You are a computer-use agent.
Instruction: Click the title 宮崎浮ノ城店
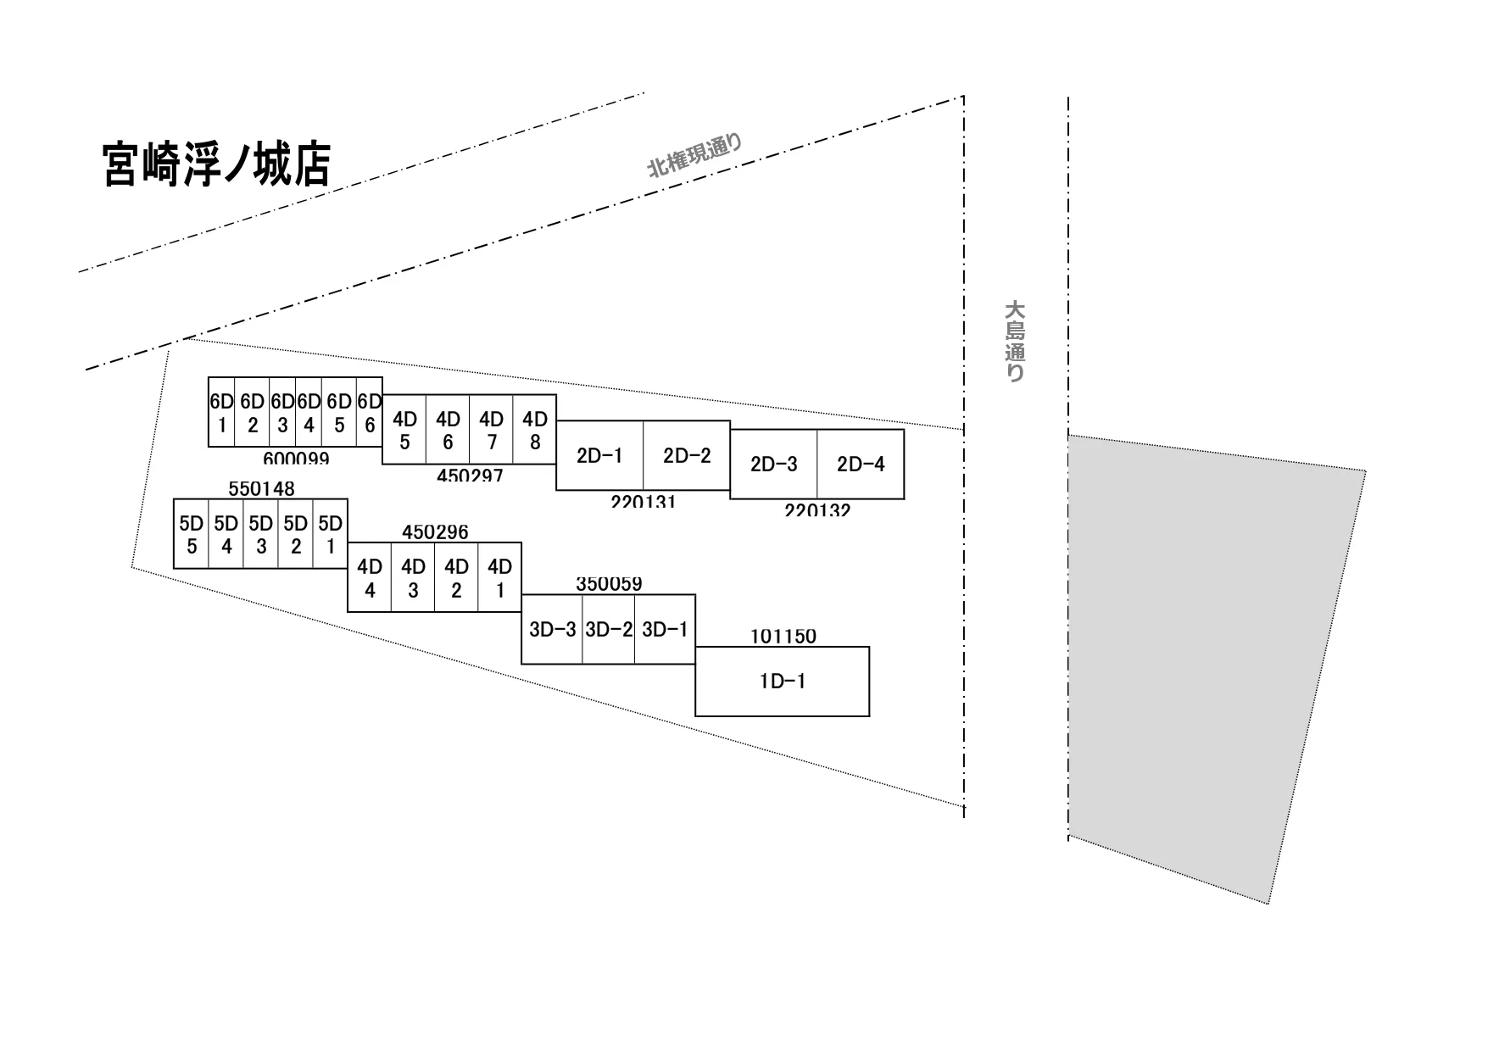216,164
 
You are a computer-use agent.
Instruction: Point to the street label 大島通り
1014,341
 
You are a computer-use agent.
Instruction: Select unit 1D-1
782,682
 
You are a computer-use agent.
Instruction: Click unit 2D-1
599,456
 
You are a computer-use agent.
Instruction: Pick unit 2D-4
861,465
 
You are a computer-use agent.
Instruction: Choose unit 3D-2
609,630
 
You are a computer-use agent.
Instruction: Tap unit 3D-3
552,630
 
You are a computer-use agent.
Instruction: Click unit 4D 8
534,430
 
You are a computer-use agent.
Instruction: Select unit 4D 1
499,577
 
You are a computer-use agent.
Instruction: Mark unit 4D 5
404,430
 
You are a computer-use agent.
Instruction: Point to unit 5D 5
192,534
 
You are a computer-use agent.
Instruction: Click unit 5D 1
330,534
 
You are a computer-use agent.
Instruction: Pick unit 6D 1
222,413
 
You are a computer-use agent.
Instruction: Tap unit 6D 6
369,413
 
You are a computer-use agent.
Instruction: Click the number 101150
783,636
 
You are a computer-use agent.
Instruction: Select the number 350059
609,584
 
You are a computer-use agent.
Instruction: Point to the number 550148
261,489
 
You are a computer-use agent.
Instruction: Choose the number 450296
435,532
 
